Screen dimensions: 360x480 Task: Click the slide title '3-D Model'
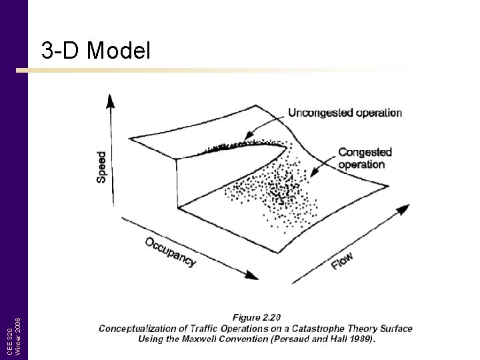[x=96, y=51]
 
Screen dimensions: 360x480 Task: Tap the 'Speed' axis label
[x=101, y=167]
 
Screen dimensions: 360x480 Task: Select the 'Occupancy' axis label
[x=171, y=251]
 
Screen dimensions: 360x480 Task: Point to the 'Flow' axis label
[x=343, y=261]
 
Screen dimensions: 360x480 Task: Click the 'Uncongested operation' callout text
[x=345, y=113]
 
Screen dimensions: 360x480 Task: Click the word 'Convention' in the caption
[x=251, y=339]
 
